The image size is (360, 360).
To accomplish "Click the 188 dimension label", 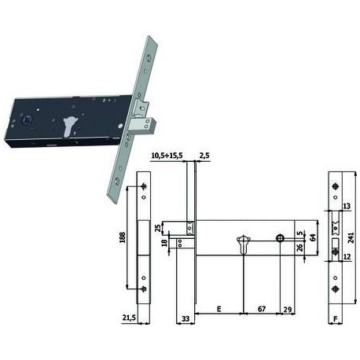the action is (x=123, y=237).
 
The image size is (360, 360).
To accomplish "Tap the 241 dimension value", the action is (x=351, y=237).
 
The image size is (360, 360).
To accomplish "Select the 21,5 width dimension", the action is (x=129, y=318).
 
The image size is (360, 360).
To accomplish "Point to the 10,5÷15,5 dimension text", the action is (x=167, y=156).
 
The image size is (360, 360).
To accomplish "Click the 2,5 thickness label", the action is (x=204, y=156).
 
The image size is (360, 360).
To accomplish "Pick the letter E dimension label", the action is (x=219, y=309).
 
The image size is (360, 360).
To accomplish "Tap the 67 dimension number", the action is (x=262, y=309).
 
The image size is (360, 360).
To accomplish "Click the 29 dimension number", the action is (x=288, y=310).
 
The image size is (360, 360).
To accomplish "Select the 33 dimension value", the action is (x=186, y=318).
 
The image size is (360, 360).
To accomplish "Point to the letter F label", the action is (x=335, y=318).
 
